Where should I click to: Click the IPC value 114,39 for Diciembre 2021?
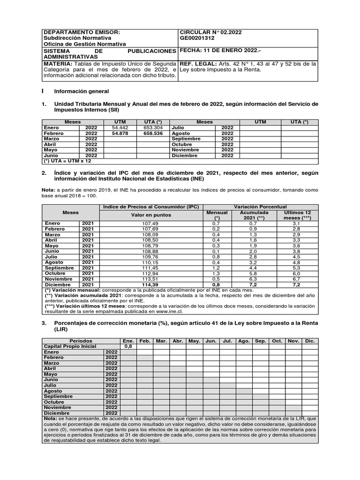click(x=150, y=285)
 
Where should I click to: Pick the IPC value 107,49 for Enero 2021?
click(x=150, y=224)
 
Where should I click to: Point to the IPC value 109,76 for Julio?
click(x=150, y=257)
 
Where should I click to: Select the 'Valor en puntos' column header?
click(x=150, y=215)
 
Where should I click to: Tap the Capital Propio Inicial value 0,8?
click(x=128, y=346)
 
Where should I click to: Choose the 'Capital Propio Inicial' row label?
click(x=70, y=346)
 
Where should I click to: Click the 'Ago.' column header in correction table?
click(x=244, y=341)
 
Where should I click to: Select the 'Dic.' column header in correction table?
click(x=310, y=341)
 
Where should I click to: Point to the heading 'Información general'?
click(x=82, y=91)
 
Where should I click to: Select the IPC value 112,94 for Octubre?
click(x=150, y=273)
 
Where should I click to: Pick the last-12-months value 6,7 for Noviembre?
click(x=297, y=279)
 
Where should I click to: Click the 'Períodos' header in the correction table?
click(x=81, y=341)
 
